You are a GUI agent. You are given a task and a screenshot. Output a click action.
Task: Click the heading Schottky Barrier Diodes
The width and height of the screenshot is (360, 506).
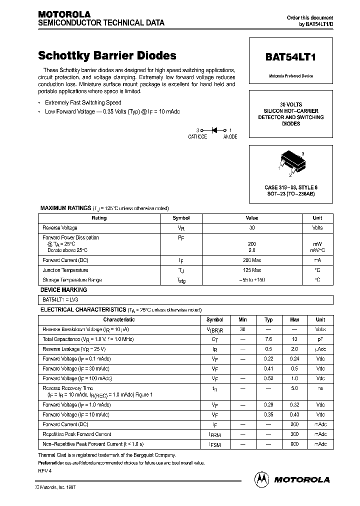click(x=107, y=55)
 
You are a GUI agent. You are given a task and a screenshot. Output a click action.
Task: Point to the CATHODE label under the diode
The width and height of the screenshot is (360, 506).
click(x=197, y=136)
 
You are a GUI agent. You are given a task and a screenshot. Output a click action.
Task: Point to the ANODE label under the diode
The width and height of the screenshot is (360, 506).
click(x=230, y=136)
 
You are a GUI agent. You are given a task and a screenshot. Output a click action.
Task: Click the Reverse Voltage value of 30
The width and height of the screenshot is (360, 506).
click(x=252, y=227)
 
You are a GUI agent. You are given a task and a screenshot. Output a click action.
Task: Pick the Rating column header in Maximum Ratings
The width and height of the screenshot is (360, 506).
click(x=99, y=218)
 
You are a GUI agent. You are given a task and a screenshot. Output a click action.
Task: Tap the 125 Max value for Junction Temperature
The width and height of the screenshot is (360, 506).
click(x=252, y=270)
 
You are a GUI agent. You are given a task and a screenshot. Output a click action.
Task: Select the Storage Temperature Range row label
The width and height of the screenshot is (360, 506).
click(x=72, y=279)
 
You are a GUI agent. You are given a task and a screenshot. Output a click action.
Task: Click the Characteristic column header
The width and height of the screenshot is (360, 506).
click(x=118, y=319)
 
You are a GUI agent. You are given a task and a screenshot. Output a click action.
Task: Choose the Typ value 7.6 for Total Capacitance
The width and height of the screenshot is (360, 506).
click(x=268, y=339)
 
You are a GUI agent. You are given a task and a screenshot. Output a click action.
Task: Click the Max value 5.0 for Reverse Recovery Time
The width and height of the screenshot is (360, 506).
click(x=294, y=388)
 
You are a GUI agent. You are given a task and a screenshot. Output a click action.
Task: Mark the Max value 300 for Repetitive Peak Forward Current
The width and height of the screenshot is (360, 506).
click(x=294, y=434)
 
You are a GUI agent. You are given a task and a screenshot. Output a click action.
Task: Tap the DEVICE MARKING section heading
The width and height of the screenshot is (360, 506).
click(x=63, y=290)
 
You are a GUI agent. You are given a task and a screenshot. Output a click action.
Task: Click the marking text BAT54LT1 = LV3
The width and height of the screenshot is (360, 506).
click(x=60, y=300)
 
